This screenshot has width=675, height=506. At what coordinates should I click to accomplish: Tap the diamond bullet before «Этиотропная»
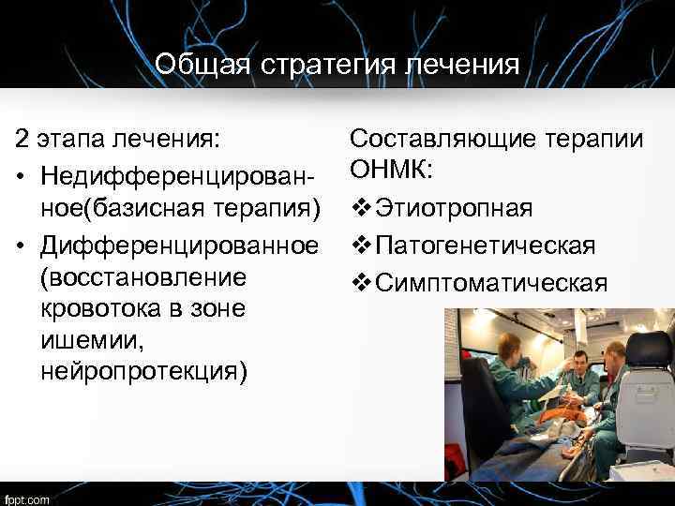pos(360,207)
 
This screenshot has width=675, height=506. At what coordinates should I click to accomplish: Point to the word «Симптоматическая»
pos(491,282)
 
